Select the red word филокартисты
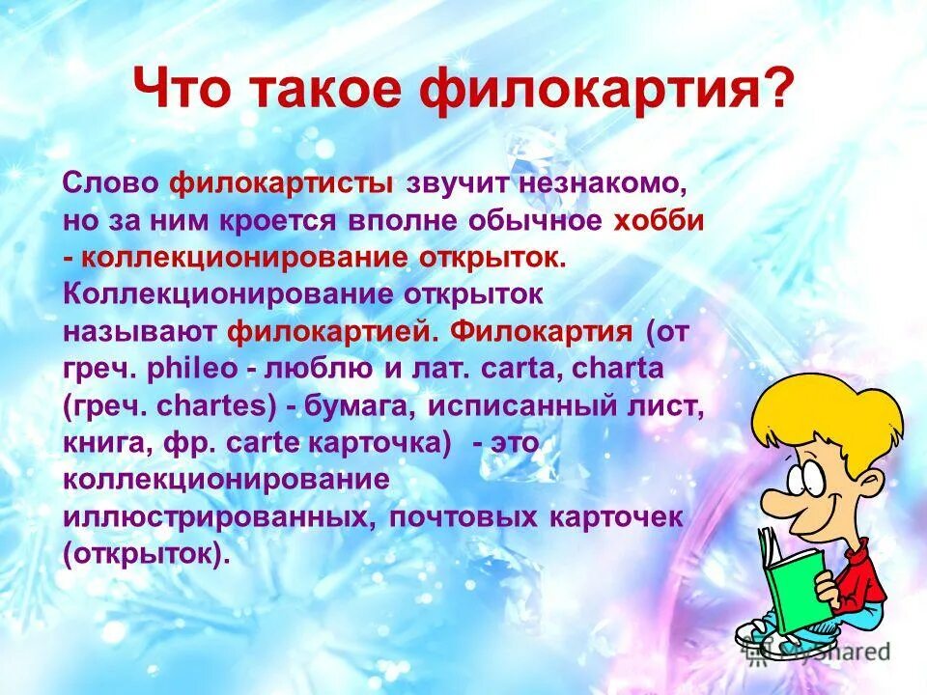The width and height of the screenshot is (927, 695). point(281,183)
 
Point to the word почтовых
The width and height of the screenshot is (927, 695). point(463,517)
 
